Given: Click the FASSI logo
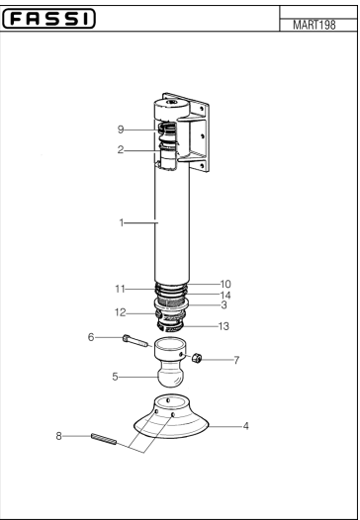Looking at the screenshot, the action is pyautogui.click(x=48, y=19).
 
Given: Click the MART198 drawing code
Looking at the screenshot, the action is pyautogui.click(x=314, y=25).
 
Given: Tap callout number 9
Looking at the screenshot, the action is pyautogui.click(x=121, y=130).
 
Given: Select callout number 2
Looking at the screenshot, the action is pyautogui.click(x=121, y=149).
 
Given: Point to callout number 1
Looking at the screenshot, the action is pyautogui.click(x=122, y=222).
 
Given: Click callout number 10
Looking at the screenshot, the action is pyautogui.click(x=225, y=284).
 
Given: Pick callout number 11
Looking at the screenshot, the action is pyautogui.click(x=120, y=289).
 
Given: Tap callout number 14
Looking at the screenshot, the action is pyautogui.click(x=225, y=296).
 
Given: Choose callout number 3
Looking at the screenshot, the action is pyautogui.click(x=224, y=304).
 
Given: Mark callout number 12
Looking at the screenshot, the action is pyautogui.click(x=120, y=312).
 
